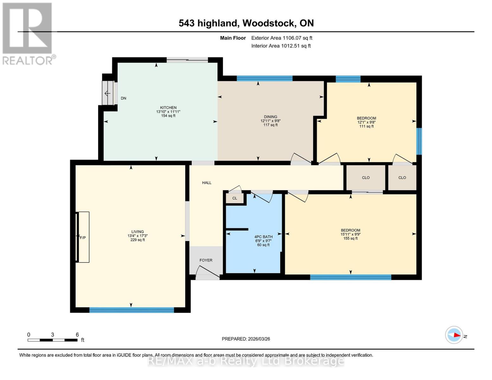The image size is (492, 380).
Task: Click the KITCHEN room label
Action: (x=168, y=108)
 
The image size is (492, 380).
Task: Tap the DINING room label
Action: (x=270, y=117)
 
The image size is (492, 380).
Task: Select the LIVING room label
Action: (x=137, y=232)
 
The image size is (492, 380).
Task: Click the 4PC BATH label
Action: (x=263, y=237)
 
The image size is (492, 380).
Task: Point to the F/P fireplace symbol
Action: (x=83, y=237)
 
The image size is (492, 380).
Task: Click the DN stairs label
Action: (x=124, y=98)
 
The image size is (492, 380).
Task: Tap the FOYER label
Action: (x=206, y=260)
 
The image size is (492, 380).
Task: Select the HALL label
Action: (x=207, y=183)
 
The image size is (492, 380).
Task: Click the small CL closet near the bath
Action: (x=235, y=198)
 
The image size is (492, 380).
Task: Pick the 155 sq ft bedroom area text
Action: (x=350, y=238)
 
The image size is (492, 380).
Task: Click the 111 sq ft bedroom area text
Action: (x=367, y=126)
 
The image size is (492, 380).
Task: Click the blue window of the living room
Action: (x=131, y=310)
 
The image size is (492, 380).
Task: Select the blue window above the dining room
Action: (x=265, y=79)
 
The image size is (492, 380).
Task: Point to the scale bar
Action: (x=53, y=340)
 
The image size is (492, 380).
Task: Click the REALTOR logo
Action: (x=28, y=33)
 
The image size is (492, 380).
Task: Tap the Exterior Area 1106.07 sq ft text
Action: (x=282, y=38)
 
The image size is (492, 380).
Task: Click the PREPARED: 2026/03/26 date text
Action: (x=246, y=339)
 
